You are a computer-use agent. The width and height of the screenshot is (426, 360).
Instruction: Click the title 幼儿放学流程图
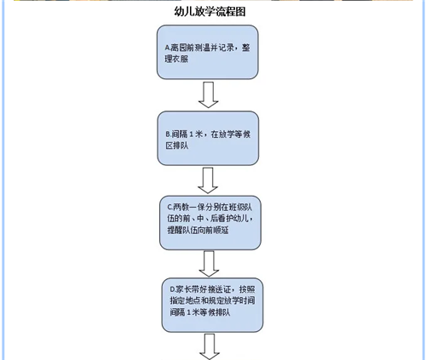pyautogui.click(x=210, y=12)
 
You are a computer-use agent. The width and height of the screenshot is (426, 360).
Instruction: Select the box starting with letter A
pyautogui.click(x=208, y=52)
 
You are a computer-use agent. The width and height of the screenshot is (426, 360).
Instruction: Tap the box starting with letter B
pyautogui.click(x=208, y=138)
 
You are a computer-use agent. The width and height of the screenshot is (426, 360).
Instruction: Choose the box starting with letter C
pyautogui.click(x=210, y=223)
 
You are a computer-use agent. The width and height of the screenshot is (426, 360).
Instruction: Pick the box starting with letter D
pyautogui.click(x=212, y=305)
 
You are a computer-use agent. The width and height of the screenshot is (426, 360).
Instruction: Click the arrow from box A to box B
pyautogui.click(x=208, y=95)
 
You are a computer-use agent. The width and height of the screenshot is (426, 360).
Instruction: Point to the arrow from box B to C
pyautogui.click(x=208, y=180)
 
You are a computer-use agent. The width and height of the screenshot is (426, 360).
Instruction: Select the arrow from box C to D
pyautogui.click(x=209, y=264)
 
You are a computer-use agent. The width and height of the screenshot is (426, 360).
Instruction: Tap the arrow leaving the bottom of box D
pyautogui.click(x=210, y=346)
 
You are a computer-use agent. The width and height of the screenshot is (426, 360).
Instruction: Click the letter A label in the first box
pyautogui.click(x=167, y=48)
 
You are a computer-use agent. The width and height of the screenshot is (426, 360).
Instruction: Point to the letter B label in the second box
pyautogui.click(x=168, y=134)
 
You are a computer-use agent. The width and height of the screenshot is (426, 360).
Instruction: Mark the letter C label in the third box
pyautogui.click(x=170, y=208)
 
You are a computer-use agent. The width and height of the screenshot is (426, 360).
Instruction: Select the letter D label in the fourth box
pyautogui.click(x=172, y=289)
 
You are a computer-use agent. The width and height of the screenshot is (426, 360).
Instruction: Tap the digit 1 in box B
pyautogui.click(x=191, y=134)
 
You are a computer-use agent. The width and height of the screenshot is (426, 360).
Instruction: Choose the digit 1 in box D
pyautogui.click(x=188, y=312)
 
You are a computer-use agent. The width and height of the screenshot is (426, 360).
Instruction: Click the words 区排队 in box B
pyautogui.click(x=177, y=146)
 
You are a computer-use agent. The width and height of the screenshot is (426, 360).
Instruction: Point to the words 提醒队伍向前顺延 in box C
pyautogui.click(x=198, y=230)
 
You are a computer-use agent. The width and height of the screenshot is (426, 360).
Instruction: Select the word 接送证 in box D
pyautogui.click(x=219, y=289)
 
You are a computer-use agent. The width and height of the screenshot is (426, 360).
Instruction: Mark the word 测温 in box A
pyautogui.click(x=199, y=48)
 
